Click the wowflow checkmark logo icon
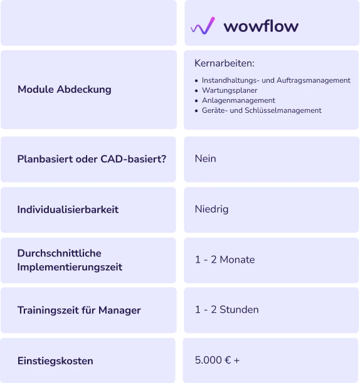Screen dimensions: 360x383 [203, 26]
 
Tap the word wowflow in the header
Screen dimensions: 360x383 [261, 26]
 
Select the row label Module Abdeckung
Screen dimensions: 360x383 [65, 90]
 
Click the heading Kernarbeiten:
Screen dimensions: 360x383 [225, 63]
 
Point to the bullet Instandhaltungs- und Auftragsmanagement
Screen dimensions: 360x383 [276, 80]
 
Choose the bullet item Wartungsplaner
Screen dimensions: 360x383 [230, 90]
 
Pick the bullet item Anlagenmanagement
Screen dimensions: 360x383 [238, 100]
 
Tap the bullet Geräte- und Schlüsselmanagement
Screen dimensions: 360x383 [262, 110]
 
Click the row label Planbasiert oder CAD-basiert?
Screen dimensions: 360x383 [92, 159]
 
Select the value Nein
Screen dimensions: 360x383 [205, 159]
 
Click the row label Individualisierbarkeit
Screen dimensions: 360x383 [68, 209]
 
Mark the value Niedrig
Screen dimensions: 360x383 [211, 209]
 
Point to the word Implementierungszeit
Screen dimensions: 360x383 [70, 267]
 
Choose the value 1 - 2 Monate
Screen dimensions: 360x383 [225, 260]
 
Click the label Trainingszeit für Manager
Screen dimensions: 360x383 [79, 310]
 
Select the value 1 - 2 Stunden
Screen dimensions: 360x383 [227, 310]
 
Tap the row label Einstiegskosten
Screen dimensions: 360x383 [55, 361]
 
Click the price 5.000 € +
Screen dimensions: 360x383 [217, 360]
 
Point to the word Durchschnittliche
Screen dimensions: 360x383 [59, 253]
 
